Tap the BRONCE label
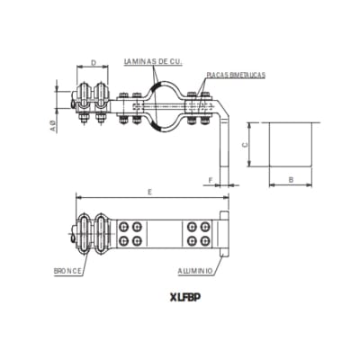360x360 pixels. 67,270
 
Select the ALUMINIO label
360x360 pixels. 195,270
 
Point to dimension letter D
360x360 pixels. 93,63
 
